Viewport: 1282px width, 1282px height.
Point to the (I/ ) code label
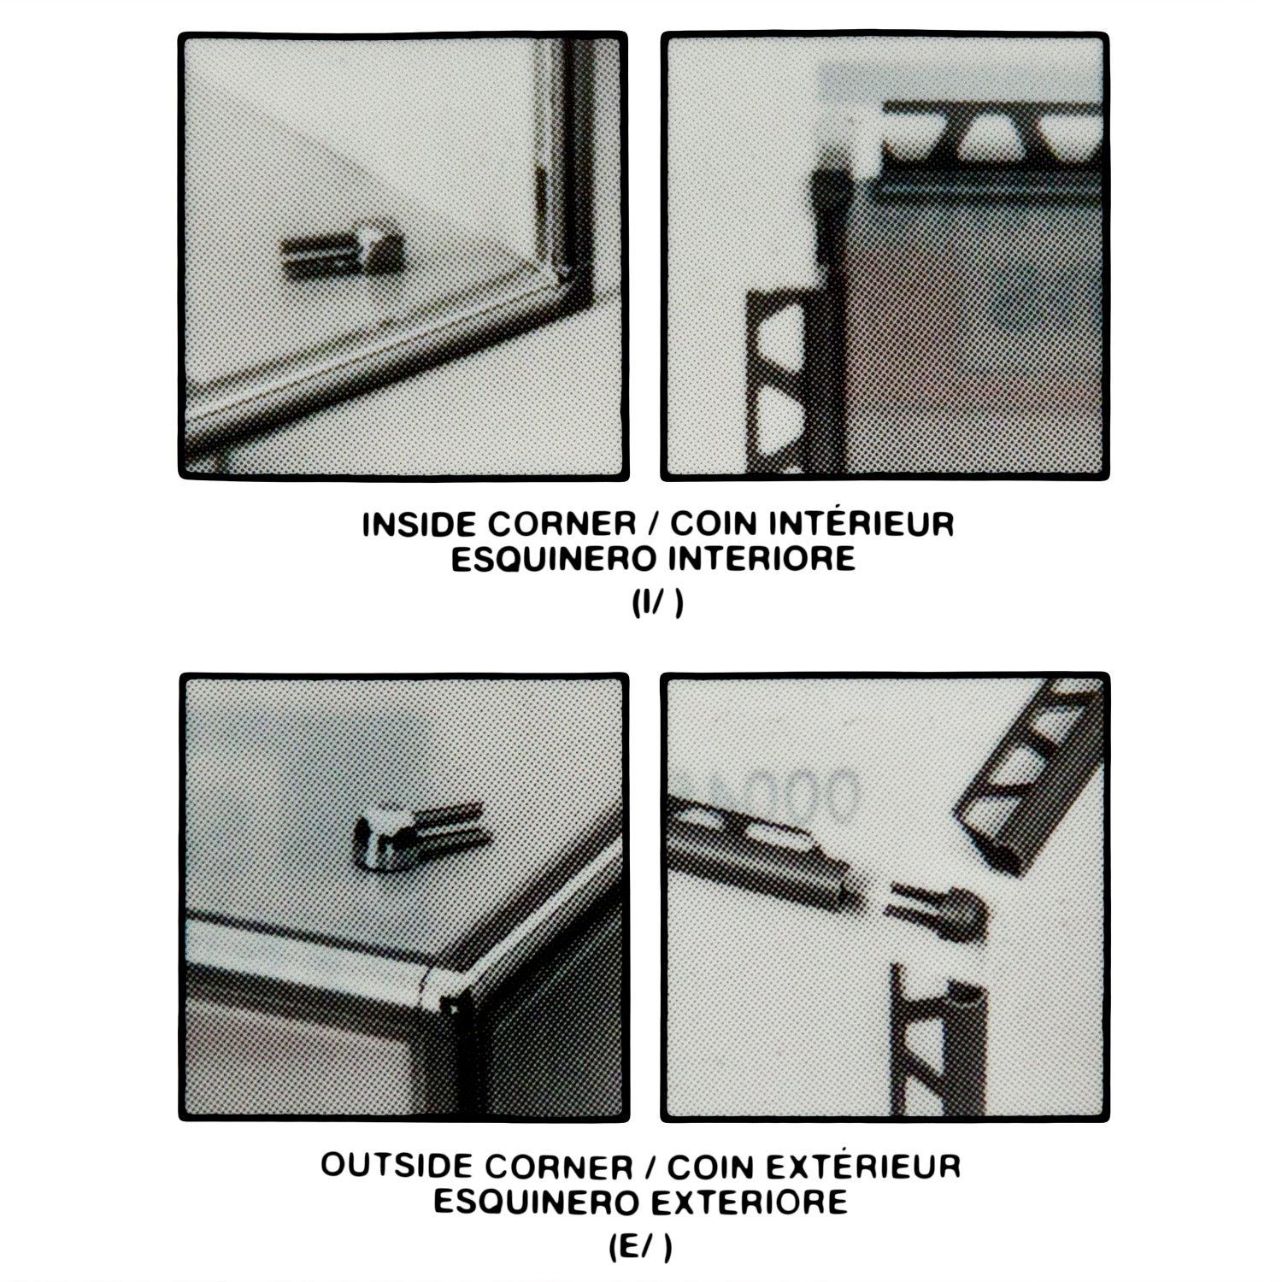pyautogui.click(x=657, y=603)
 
